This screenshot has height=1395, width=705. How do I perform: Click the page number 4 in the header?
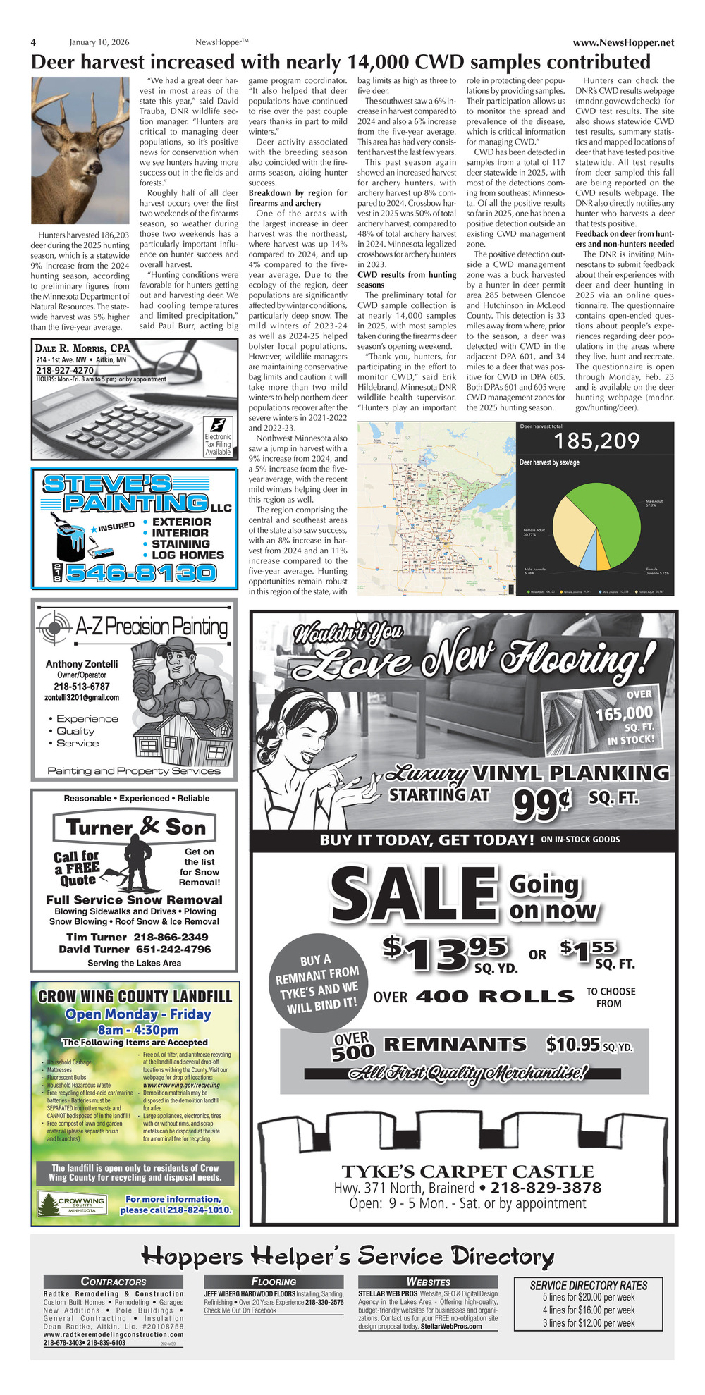(33, 42)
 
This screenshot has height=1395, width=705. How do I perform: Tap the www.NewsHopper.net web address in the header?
(623, 42)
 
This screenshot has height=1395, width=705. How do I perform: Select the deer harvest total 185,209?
(596, 442)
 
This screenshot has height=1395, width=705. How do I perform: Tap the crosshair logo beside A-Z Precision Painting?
(54, 625)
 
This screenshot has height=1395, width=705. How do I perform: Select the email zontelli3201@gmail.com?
(82, 697)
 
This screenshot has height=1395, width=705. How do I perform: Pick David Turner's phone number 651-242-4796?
(172, 949)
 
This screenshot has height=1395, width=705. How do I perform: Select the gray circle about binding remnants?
(317, 984)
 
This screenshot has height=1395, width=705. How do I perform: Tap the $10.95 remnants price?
(572, 1044)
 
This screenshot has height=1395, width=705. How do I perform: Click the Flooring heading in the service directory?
(274, 1282)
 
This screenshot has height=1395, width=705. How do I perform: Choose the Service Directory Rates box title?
(588, 1285)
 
